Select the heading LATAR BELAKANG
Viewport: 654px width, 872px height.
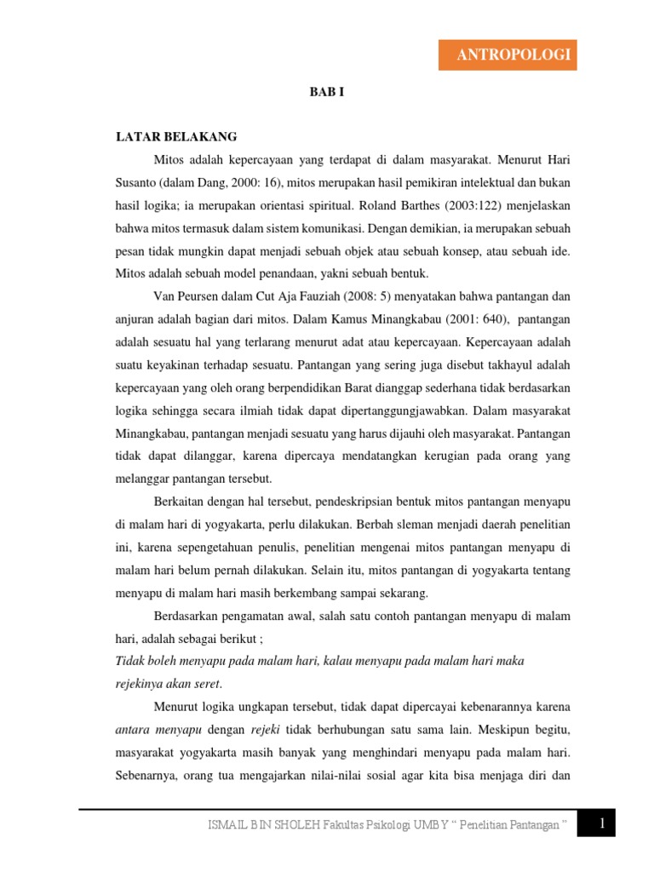pos(176,136)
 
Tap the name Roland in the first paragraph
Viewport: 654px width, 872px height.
pos(380,205)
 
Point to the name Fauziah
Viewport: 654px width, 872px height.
pos(340,296)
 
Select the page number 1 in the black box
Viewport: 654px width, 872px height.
pos(602,823)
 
